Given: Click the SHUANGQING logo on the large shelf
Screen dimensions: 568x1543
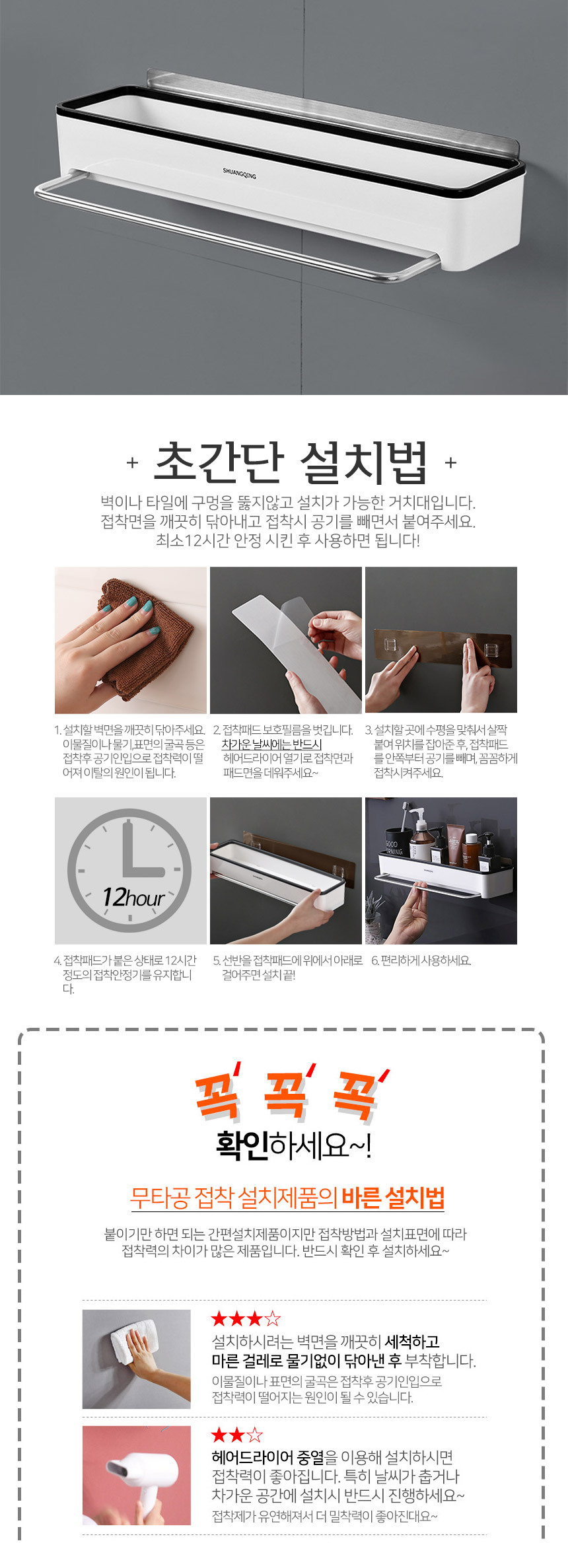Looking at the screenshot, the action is [239, 173].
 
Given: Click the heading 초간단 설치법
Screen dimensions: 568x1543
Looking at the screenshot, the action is [291, 462].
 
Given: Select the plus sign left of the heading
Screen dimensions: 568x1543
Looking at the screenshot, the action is [132, 462].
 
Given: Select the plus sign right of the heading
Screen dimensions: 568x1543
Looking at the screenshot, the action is [450, 462].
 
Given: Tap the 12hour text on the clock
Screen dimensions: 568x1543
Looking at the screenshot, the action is [133, 898].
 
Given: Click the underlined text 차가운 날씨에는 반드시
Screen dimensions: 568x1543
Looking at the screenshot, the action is [271, 744].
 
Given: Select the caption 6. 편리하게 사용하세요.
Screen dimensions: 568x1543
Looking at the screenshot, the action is [421, 960].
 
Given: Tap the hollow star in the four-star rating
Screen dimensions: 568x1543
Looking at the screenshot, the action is [273, 1320].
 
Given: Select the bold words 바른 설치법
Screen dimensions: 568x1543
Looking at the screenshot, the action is [393, 1197].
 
